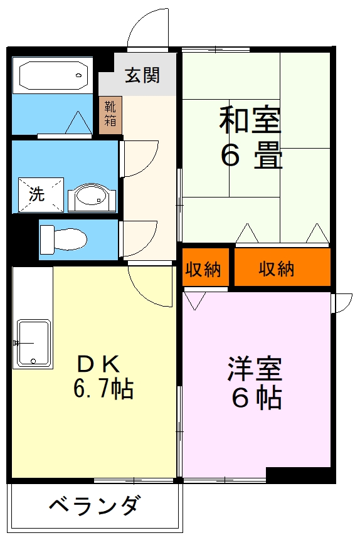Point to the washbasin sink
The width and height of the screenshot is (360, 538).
pos(92,198)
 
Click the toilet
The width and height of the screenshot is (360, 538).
pos(63,238)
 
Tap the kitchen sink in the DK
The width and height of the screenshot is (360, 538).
pos(33,342)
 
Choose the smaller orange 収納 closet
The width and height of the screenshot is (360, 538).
pos(203,269)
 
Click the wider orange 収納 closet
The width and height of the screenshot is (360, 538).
pos(277,269)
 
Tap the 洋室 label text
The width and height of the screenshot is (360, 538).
pos(255,368)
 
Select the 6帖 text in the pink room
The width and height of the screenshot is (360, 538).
pos(255,398)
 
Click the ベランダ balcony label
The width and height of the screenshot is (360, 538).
pos(94,505)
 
